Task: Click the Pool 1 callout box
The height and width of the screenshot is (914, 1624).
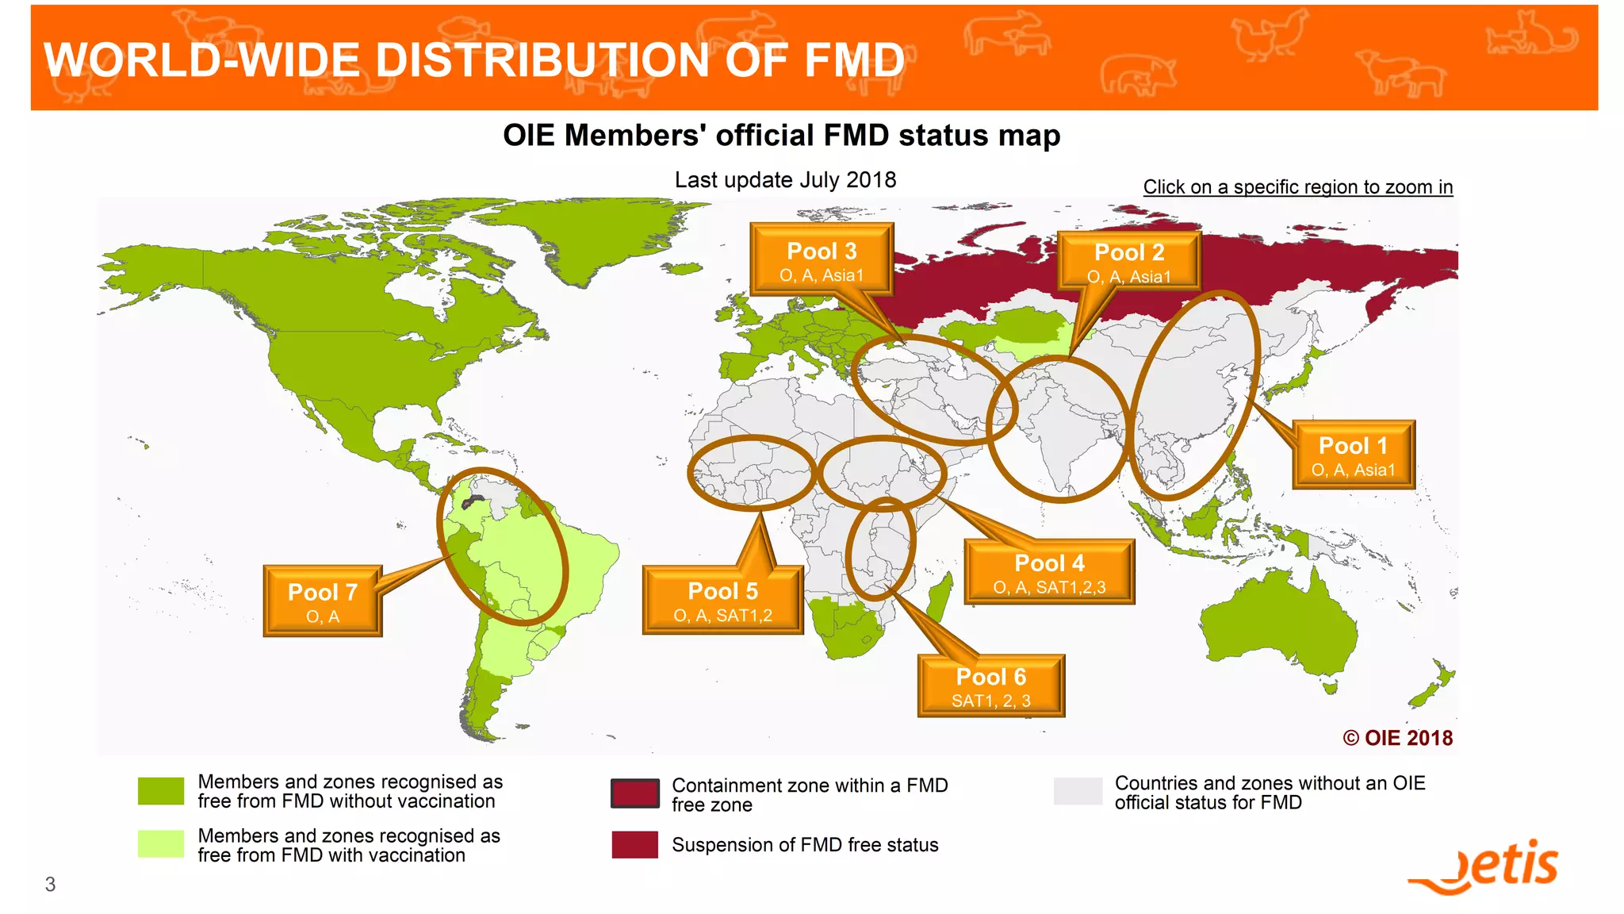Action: click(1354, 455)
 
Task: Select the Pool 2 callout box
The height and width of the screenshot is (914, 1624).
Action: click(1128, 261)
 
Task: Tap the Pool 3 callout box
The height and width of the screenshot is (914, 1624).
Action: click(822, 260)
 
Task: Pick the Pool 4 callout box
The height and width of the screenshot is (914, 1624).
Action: click(1049, 572)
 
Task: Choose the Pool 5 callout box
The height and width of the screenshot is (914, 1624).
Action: click(722, 601)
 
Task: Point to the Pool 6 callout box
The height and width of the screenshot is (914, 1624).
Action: click(991, 686)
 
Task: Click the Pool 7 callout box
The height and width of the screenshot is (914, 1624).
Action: click(323, 601)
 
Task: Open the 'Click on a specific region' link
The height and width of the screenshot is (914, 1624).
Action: click(1297, 187)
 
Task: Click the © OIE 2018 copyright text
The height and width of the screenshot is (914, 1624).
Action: click(1397, 738)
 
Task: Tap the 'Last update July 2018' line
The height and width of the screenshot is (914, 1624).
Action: click(785, 180)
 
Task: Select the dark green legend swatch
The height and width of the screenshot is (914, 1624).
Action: click(161, 791)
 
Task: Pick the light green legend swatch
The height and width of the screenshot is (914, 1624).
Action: click(161, 844)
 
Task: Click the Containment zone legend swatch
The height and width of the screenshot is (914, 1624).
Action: click(634, 793)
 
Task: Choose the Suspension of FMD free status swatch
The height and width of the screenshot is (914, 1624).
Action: click(634, 845)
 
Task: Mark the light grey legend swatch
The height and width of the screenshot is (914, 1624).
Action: click(1078, 792)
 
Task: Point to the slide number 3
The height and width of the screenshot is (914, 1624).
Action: click(51, 884)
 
